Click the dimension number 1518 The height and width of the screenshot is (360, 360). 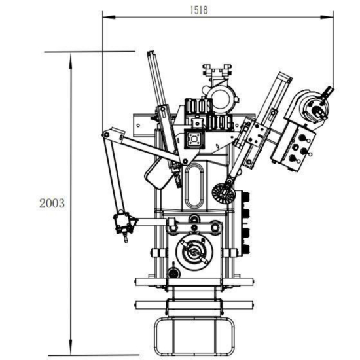point(199,10)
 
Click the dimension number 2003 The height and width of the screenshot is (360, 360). point(52,203)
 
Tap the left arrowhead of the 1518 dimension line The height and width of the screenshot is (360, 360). point(109,17)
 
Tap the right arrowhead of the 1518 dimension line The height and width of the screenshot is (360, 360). point(327,17)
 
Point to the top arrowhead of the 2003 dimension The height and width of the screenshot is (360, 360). point(71,60)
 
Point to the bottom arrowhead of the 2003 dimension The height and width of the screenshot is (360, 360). point(71,347)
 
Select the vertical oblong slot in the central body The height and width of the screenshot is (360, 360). point(194,185)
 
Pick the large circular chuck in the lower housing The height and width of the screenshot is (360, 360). point(194,251)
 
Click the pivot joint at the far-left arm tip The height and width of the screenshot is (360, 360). point(106,135)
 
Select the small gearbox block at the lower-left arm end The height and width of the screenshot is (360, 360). point(122,223)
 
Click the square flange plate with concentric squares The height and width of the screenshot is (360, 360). point(194,139)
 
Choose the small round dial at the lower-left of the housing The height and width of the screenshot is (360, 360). point(174,273)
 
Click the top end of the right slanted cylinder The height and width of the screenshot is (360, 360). point(285,76)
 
